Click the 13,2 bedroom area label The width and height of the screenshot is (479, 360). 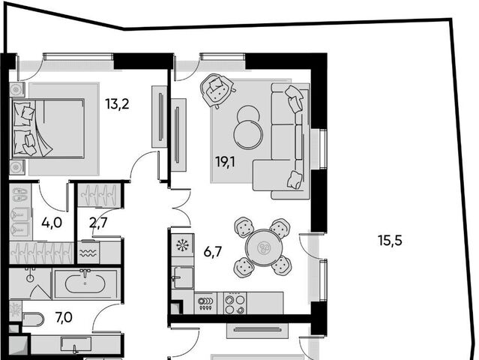117,104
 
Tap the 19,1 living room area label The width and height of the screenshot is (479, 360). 225,162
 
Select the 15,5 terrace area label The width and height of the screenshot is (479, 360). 390,241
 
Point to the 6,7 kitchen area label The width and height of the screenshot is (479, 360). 213,253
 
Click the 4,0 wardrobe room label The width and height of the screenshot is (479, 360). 52,223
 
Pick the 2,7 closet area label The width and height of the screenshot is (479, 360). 98,223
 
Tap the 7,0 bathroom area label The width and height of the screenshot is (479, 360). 64,317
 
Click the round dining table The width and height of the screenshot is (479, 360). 262,247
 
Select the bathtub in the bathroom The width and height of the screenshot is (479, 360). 85,283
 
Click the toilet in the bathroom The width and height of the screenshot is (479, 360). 33,319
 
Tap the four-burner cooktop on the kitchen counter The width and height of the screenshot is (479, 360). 235,303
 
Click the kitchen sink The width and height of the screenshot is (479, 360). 184,277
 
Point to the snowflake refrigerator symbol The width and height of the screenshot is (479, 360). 183,244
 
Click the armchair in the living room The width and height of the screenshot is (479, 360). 217,90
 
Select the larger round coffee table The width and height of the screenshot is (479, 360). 248,135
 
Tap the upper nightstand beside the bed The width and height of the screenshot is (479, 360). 16,89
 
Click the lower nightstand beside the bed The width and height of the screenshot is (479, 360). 16,167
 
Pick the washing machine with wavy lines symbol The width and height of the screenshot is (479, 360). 88,253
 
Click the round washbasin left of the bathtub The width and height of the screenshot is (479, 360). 30,277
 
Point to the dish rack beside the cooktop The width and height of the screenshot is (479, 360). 205,303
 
